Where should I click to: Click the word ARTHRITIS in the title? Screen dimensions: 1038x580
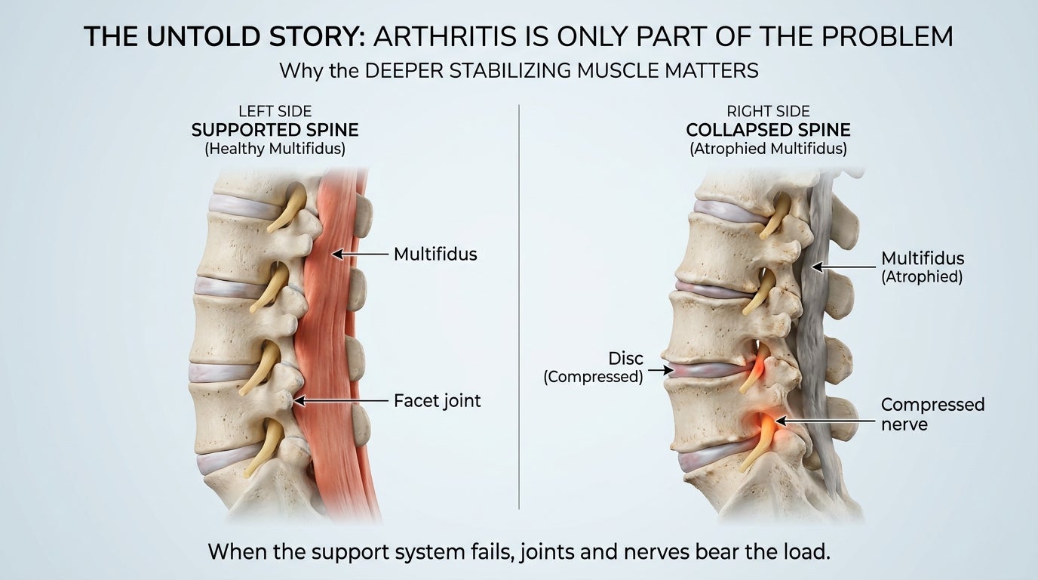[445, 36]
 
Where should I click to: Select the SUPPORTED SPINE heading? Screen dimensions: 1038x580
[275, 130]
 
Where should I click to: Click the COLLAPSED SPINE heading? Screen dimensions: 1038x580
[768, 130]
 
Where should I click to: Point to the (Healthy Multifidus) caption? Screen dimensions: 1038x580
[275, 149]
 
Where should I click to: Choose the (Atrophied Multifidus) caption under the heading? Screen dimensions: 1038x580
[768, 149]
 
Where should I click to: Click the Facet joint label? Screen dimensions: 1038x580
[438, 401]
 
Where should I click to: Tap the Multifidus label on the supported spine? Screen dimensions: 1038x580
[435, 255]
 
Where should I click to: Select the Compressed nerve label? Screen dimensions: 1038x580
[932, 415]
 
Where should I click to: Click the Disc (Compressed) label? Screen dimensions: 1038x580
[594, 367]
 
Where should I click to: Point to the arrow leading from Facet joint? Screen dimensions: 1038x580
[341, 401]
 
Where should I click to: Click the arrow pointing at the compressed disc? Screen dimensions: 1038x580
[661, 370]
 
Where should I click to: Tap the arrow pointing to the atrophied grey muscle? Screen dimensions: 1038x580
[844, 267]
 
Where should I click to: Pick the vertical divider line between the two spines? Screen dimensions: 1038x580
[519, 307]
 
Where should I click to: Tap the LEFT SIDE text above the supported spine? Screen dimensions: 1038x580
[275, 111]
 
